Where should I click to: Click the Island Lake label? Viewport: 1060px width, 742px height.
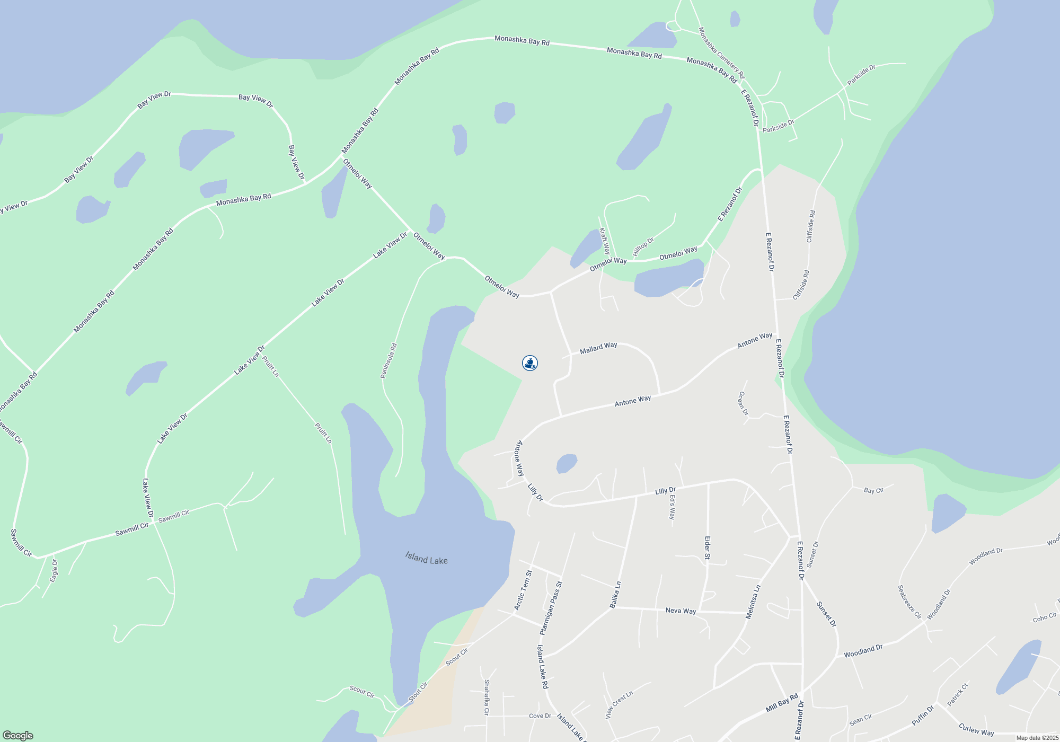coord(426,558)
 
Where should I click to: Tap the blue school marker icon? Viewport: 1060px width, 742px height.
coord(530,363)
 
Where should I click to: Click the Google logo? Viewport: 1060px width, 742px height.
coord(17,736)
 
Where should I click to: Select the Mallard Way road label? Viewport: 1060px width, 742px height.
coord(598,348)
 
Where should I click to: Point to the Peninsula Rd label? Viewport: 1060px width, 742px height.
coord(388,361)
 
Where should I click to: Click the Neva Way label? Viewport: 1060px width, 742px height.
coord(681,611)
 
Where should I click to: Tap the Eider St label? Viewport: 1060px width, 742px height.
coord(707,548)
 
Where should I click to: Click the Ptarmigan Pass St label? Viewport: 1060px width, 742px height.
coord(551,608)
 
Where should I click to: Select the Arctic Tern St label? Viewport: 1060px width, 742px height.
coord(523,590)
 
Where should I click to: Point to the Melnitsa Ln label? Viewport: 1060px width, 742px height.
coord(753,602)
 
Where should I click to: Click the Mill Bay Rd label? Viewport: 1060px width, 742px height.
coord(782,703)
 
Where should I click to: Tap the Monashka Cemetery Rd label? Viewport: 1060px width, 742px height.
coord(721,53)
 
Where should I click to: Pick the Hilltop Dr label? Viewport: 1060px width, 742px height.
coord(643,246)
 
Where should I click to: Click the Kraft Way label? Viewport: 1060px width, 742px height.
coord(604,241)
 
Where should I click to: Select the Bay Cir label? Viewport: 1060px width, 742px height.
coord(873,490)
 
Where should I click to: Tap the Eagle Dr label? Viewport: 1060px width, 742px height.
coord(54,571)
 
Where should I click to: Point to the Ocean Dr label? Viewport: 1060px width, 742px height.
coord(743,403)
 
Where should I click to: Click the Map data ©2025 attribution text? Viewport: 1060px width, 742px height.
coord(1037,738)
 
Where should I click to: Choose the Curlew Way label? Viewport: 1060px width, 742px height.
coord(976,730)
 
